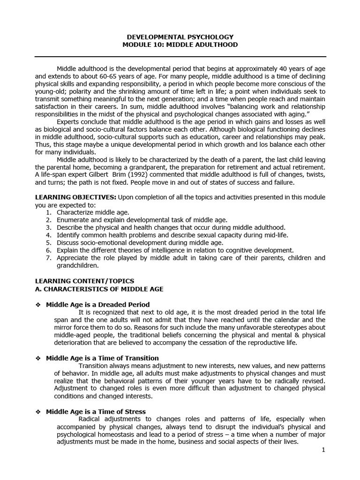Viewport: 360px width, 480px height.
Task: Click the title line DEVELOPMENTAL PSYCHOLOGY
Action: [180, 37]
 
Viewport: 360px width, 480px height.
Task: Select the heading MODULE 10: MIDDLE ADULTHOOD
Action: [180, 45]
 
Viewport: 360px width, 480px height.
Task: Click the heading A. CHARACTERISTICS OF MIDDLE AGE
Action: [99, 289]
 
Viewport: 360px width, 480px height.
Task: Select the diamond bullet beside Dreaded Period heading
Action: [38, 305]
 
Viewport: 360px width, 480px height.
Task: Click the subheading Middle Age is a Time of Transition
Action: [102, 358]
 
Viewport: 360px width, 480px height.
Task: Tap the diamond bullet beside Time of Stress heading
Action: [38, 412]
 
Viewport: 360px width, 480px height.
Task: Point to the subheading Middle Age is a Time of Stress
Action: [96, 412]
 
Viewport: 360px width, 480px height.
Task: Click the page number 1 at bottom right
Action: [323, 450]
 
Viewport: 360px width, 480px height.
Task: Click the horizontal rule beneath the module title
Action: [180, 57]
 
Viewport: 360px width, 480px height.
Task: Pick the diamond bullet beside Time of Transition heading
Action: [38, 358]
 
